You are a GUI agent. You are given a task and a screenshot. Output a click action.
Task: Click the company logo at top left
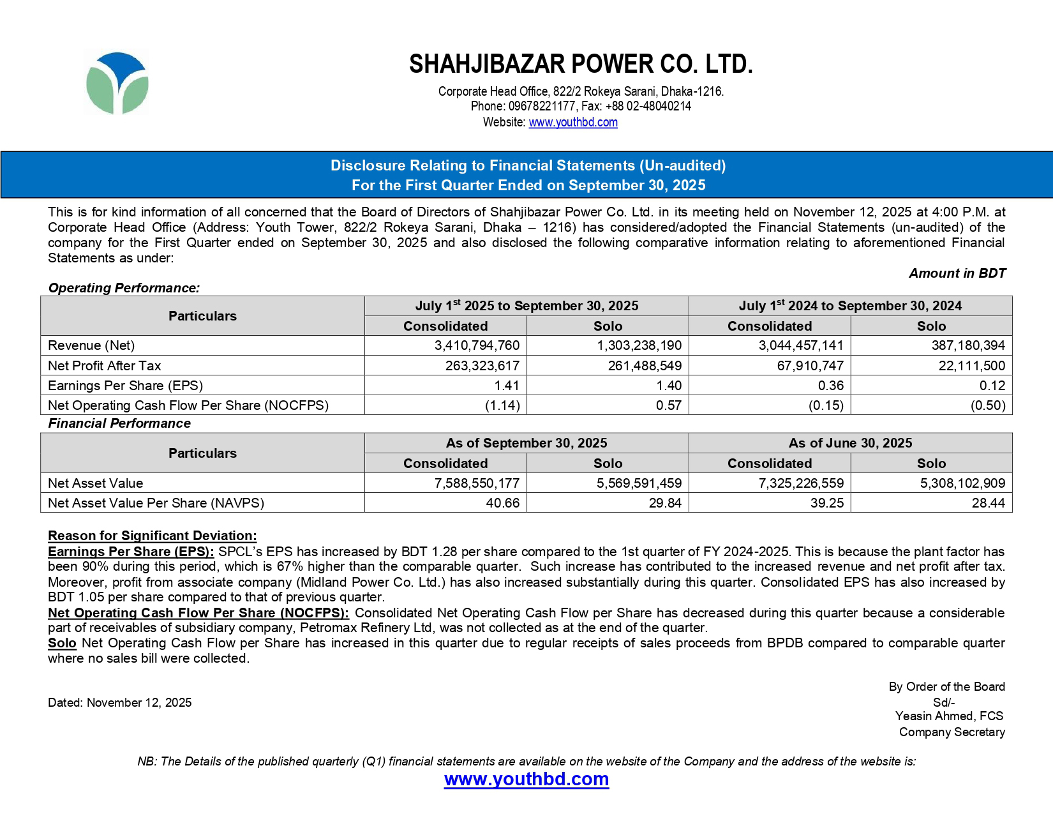tap(117, 84)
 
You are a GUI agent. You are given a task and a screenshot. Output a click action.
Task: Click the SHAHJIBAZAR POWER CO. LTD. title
tap(581, 64)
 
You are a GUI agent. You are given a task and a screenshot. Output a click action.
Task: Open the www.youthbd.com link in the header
tap(572, 122)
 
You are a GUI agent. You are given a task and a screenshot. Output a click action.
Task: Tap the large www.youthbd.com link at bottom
tap(526, 779)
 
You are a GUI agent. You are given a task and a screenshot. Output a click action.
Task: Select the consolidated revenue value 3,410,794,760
tap(477, 345)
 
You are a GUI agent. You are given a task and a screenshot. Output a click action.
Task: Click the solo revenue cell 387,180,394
tap(963, 345)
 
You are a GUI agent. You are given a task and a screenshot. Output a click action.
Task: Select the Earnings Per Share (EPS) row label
tap(126, 386)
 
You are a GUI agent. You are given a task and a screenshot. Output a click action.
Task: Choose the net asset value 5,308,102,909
tap(962, 483)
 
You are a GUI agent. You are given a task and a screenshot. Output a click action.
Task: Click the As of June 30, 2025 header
tap(850, 443)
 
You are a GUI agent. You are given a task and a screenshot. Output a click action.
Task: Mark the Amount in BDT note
tap(957, 273)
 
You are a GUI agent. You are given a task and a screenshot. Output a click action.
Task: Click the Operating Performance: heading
tap(124, 288)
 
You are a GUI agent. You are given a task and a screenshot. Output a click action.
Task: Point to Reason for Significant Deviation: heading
tap(152, 536)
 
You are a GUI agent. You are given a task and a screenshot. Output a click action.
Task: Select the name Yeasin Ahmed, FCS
tap(949, 716)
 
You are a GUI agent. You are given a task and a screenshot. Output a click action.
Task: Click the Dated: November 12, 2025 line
tap(120, 702)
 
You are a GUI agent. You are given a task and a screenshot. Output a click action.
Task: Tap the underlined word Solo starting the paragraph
tap(62, 643)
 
